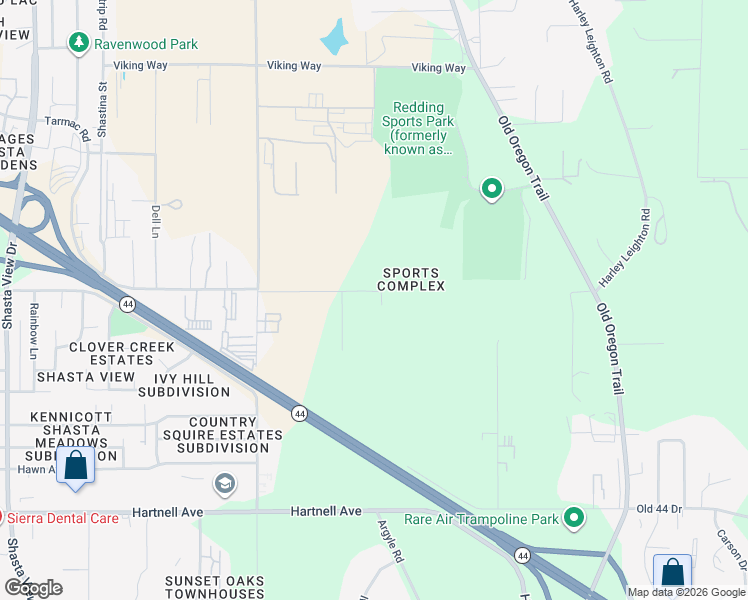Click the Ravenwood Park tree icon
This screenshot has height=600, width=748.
click(78, 43)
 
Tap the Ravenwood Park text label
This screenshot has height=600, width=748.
click(146, 44)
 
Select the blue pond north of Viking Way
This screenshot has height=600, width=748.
click(333, 39)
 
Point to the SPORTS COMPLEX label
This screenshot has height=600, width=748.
click(411, 279)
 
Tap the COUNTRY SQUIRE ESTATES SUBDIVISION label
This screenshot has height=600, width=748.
click(222, 435)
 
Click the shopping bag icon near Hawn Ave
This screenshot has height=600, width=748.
click(76, 466)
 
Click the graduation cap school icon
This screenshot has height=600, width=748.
click(225, 485)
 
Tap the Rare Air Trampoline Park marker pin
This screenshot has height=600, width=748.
click(573, 517)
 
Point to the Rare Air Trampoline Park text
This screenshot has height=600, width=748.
click(480, 519)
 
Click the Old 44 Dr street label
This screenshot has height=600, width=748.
click(659, 509)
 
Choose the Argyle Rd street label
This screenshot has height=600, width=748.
click(390, 540)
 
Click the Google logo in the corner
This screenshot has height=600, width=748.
click(32, 588)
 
